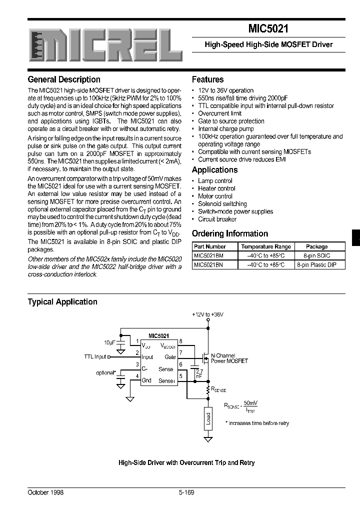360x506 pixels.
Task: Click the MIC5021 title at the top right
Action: point(268,29)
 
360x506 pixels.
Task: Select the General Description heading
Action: point(64,79)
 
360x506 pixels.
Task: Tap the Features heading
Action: point(207,79)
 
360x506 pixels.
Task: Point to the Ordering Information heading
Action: point(230,233)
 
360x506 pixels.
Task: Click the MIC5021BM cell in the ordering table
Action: point(208,255)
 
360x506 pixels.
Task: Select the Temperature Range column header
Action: point(265,246)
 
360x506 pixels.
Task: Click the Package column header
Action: point(316,246)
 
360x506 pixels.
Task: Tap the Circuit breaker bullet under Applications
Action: point(217,219)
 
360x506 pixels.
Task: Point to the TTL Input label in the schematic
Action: point(95,357)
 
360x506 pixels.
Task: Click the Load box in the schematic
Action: point(208,419)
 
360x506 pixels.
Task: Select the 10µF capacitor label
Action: point(110,343)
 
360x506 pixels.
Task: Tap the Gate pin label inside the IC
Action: point(170,357)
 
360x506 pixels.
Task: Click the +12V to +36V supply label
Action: point(207,314)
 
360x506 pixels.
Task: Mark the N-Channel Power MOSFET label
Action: point(229,358)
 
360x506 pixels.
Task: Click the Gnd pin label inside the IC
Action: point(146,380)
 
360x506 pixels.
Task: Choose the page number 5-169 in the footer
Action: point(186,492)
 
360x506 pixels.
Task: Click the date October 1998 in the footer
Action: point(45,492)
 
